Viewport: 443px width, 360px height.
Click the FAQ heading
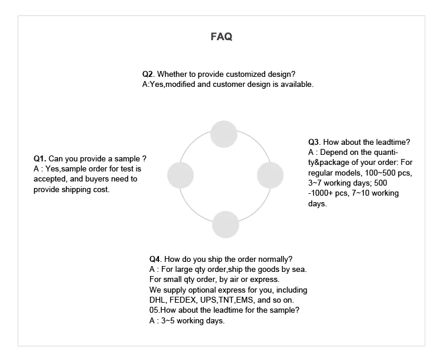221,37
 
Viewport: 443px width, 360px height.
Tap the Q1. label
40,158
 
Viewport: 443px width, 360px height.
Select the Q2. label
148,74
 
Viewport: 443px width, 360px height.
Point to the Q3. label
314,142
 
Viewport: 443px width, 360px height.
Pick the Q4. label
155,259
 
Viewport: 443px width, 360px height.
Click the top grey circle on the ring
223,134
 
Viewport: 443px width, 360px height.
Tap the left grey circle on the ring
180,175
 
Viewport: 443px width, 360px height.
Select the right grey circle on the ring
271,175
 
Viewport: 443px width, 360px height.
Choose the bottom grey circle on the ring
225,224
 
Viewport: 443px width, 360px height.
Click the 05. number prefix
154,310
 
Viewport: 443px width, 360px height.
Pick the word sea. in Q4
299,270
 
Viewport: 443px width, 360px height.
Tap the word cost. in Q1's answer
100,190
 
